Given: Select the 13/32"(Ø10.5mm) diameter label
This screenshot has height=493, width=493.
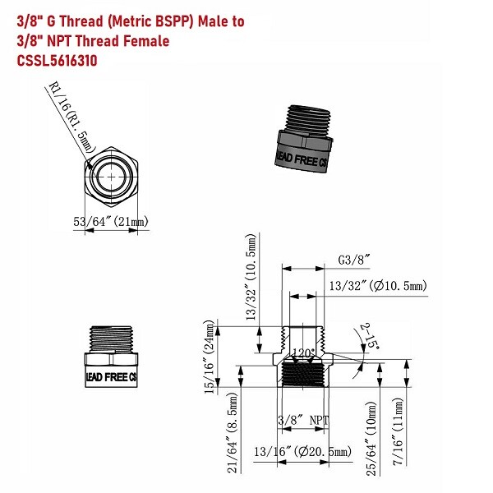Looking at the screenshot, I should pos(377,286).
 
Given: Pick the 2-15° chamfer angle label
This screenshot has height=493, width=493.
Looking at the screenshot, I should pos(368,337).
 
